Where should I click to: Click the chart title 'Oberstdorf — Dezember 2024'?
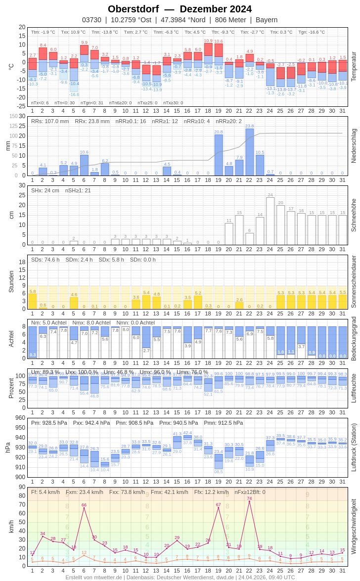click(x=180, y=9)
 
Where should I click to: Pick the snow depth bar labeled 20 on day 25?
click(x=280, y=225)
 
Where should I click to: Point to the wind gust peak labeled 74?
click(x=249, y=501)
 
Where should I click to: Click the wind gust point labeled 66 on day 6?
click(x=84, y=508)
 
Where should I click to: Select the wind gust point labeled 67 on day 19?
click(x=218, y=507)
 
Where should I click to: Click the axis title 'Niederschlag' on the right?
click(x=353, y=146)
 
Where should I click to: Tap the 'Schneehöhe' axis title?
click(x=353, y=215)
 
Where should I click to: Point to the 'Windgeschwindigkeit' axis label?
click(x=353, y=526)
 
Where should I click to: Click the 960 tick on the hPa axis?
click(x=20, y=418)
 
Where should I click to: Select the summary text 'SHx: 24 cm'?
click(x=45, y=190)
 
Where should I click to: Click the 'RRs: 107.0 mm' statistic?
click(x=50, y=121)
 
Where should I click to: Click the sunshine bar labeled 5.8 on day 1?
click(x=33, y=301)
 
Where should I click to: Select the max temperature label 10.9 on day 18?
click(x=208, y=41)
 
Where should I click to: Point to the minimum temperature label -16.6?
click(x=74, y=94)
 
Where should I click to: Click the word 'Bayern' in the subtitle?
click(x=267, y=20)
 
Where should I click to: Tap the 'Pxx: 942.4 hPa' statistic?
click(x=91, y=423)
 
